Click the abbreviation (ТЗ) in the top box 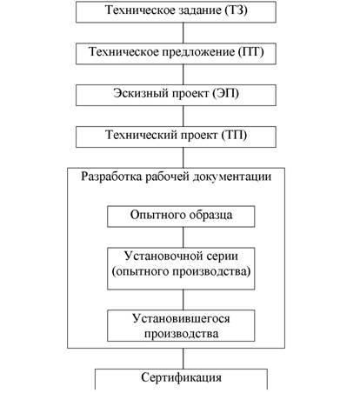236,10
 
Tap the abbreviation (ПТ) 251,52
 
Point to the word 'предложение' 198,52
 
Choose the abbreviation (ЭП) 226,94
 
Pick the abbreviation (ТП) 234,135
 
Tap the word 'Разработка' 111,177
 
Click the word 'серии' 223,256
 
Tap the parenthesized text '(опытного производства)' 181,271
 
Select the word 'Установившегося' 181,318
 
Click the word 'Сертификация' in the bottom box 181,377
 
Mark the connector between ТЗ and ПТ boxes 183,33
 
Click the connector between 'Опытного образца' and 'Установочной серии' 183,237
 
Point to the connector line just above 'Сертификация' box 183,358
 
